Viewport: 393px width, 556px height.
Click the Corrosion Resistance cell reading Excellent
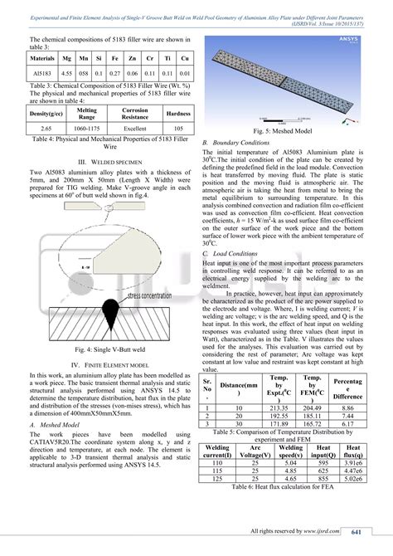click(x=134, y=129)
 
